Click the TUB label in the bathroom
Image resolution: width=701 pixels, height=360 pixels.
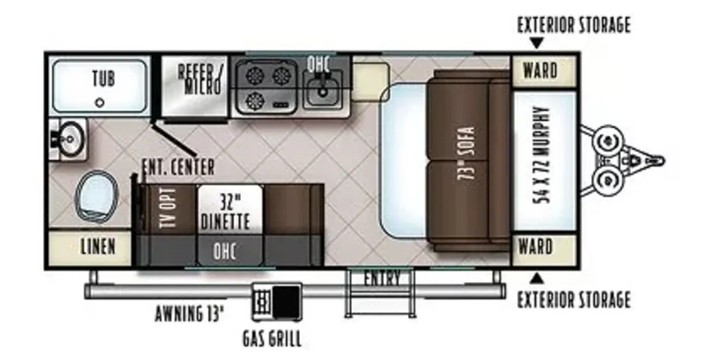point(103,79)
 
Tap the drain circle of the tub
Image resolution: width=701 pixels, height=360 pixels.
point(100,103)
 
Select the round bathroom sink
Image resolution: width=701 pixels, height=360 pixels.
point(69,139)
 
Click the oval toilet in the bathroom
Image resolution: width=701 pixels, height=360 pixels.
point(96,196)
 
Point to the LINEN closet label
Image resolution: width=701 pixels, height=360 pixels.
point(98,246)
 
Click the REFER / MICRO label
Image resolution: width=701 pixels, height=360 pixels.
point(199,79)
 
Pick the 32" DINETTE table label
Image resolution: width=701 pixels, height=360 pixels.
point(225,213)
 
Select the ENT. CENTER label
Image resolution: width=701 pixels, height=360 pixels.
point(178,167)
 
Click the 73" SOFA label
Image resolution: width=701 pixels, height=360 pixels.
point(466,153)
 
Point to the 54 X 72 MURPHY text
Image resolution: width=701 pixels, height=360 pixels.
point(541,155)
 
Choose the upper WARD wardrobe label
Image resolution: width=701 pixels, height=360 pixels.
point(541,70)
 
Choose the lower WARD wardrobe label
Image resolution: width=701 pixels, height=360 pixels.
point(535,246)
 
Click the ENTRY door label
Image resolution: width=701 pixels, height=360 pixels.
point(382,279)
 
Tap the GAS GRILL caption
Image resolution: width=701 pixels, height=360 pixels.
point(272,339)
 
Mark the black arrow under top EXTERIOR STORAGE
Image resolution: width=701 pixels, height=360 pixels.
point(537,43)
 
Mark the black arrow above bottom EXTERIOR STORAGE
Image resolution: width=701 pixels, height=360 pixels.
point(537,279)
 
